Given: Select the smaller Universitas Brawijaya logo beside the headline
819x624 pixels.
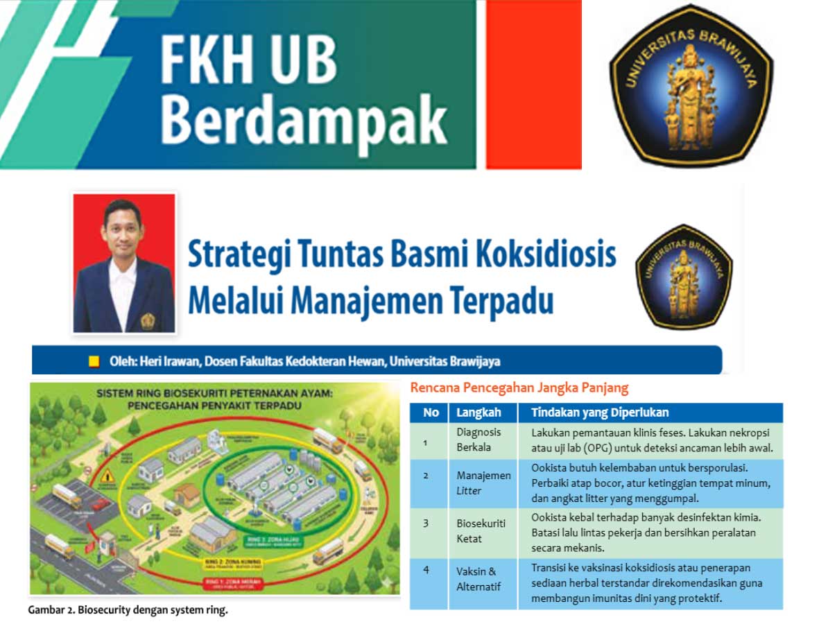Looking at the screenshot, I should click(x=684, y=277).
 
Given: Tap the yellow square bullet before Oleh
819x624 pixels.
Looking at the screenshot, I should click(x=94, y=361).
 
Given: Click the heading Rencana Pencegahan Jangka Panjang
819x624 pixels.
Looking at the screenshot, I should click(x=519, y=388).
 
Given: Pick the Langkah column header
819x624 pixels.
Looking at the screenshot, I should click(x=479, y=413).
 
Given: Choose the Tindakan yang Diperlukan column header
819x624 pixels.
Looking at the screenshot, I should click(x=600, y=413).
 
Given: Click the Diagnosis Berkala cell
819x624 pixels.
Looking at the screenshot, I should click(x=479, y=440).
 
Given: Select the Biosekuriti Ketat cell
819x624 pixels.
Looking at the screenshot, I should click(x=479, y=531).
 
